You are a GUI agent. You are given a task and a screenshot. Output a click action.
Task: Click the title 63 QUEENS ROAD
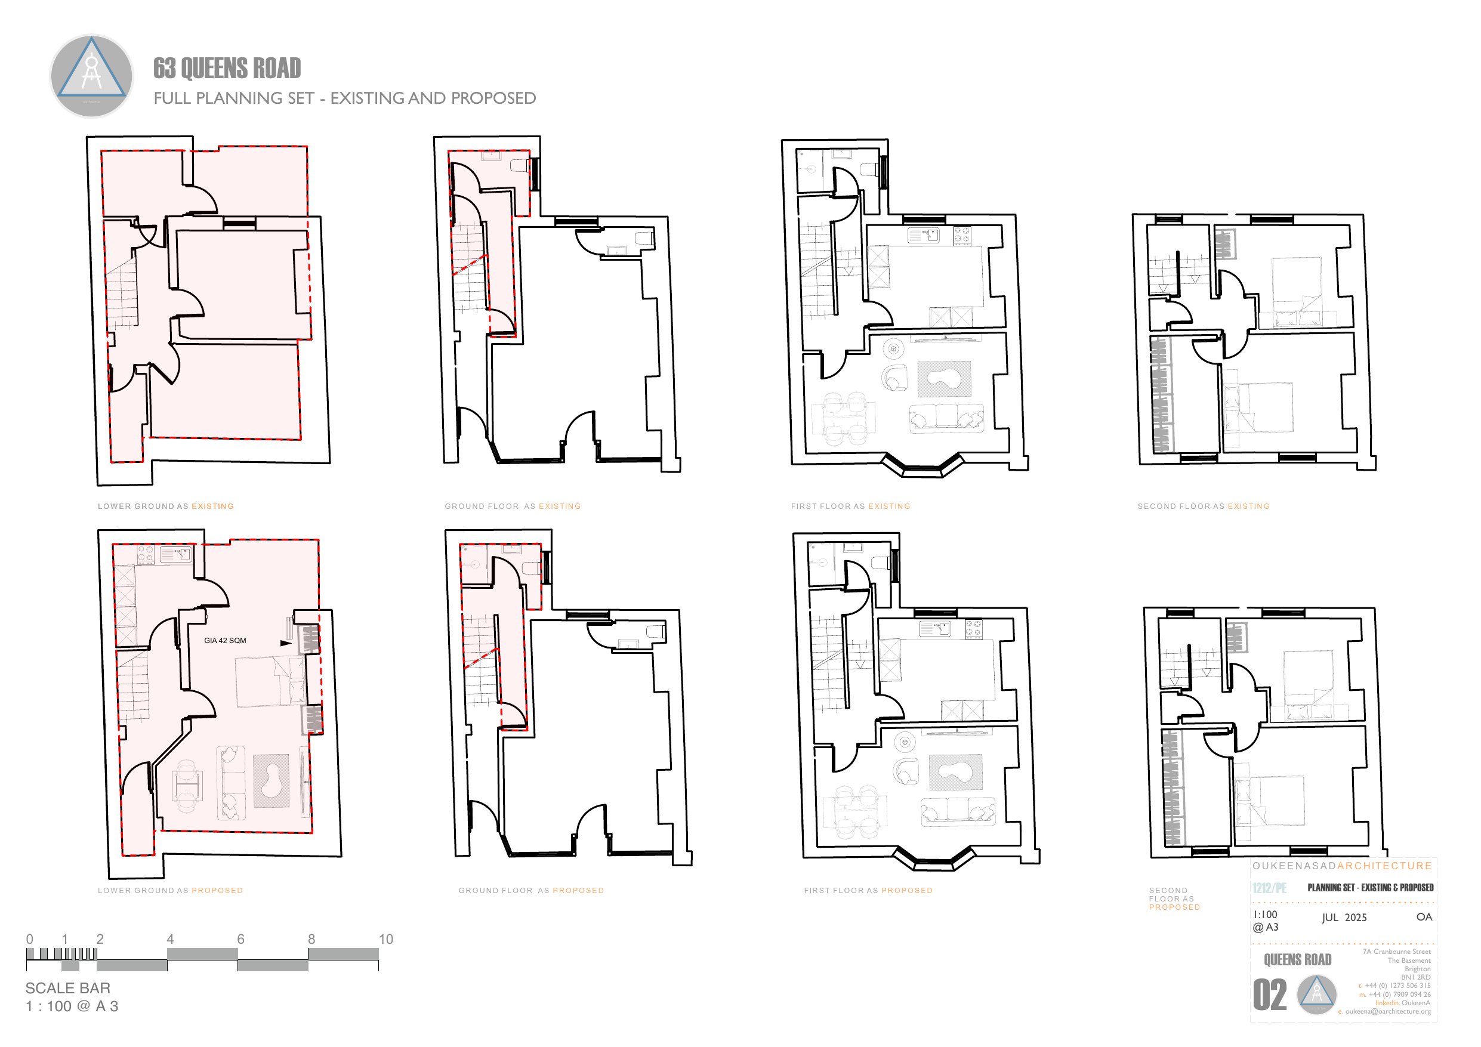click(x=227, y=69)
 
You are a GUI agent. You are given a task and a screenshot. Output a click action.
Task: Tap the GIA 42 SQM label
click(x=224, y=641)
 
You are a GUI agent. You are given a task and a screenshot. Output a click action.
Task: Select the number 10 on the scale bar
click(x=385, y=939)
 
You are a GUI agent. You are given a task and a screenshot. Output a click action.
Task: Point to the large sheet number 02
click(x=1269, y=995)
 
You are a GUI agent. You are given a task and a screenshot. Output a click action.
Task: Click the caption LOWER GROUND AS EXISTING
click(x=166, y=506)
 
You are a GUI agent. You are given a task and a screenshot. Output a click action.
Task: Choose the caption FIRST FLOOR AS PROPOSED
click(x=868, y=890)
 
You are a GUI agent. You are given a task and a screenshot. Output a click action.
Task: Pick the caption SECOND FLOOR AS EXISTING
click(x=1203, y=506)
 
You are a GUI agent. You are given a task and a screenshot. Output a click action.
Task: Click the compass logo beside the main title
click(x=92, y=76)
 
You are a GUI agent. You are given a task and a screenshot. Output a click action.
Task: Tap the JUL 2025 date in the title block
click(x=1344, y=918)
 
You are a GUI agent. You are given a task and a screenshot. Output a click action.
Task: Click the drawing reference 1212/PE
click(x=1269, y=888)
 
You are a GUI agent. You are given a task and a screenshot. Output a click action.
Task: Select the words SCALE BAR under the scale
click(x=68, y=988)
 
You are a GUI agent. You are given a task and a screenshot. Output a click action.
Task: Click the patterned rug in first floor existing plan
click(x=945, y=379)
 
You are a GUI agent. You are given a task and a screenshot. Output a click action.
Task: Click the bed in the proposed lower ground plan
click(x=269, y=682)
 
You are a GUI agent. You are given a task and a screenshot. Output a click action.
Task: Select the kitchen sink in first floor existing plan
click(x=924, y=235)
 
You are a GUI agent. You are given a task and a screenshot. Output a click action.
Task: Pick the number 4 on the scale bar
click(x=170, y=939)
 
